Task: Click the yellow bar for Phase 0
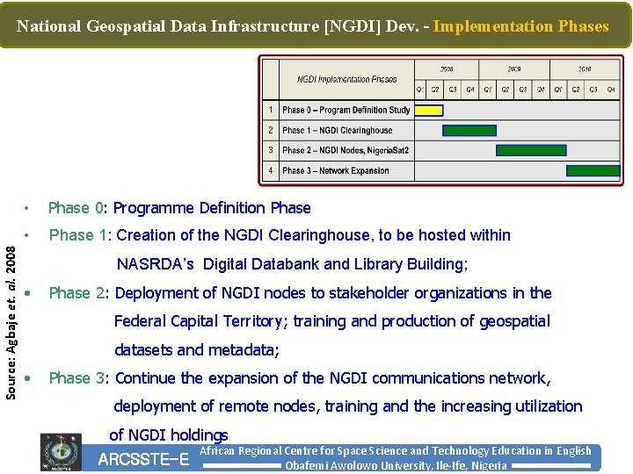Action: (x=428, y=111)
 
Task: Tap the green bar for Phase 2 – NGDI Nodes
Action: (x=531, y=151)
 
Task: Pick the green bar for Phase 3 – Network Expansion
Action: (x=593, y=171)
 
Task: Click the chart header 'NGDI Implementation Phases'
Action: (x=346, y=79)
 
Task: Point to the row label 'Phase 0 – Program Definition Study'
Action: (x=346, y=111)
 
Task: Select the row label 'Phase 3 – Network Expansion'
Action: (x=335, y=171)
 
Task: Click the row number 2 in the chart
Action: (x=271, y=131)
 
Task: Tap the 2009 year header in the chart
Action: (x=514, y=68)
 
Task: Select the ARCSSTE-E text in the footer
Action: (x=143, y=459)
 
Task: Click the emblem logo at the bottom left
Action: (x=61, y=453)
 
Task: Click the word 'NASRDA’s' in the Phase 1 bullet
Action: (x=155, y=264)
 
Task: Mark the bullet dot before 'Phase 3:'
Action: (x=29, y=378)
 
